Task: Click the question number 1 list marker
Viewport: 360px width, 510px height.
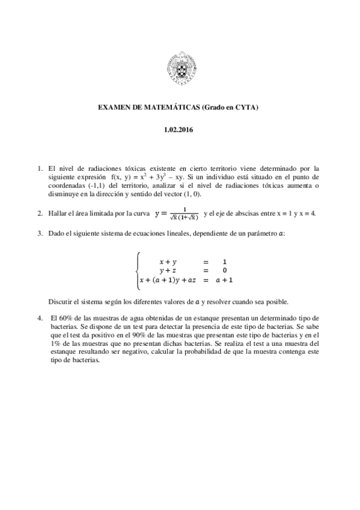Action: pyautogui.click(x=40, y=169)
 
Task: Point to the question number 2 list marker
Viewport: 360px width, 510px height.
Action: pyautogui.click(x=40, y=214)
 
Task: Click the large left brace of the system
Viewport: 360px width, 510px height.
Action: pyautogui.click(x=138, y=270)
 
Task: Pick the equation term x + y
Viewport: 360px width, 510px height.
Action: pyautogui.click(x=168, y=262)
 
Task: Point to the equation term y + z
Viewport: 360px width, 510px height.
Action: pyautogui.click(x=168, y=271)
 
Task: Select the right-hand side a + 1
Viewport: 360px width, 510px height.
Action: pyautogui.click(x=224, y=280)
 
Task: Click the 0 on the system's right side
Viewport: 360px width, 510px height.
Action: pyautogui.click(x=224, y=271)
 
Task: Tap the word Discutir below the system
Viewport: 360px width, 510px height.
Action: pyautogui.click(x=61, y=301)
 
